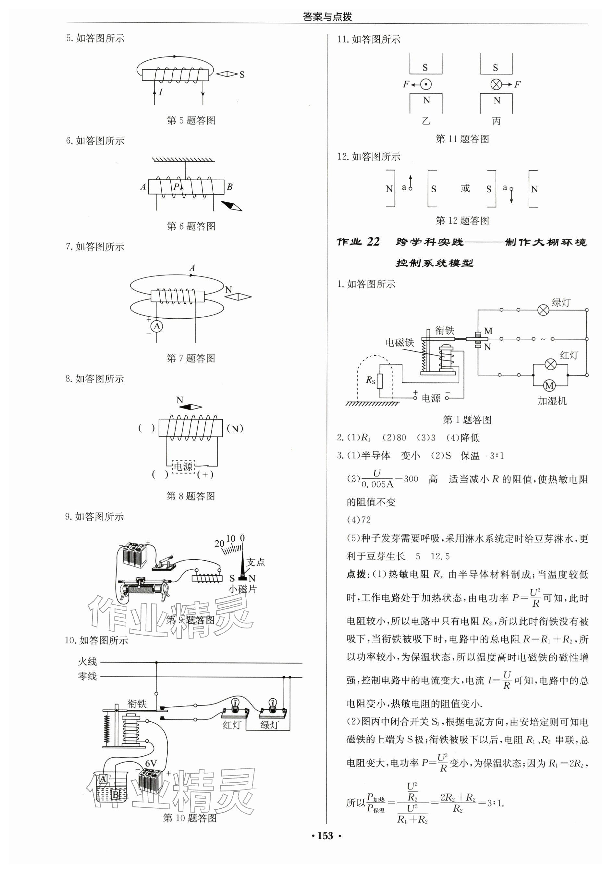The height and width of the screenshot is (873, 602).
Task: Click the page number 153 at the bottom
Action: (x=325, y=836)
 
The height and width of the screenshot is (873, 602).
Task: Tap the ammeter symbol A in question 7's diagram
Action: (x=157, y=326)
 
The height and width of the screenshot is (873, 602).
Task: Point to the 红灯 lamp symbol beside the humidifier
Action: (x=550, y=364)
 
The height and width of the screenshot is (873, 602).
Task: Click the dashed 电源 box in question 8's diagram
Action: (x=183, y=466)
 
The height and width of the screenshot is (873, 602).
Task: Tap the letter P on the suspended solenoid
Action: (x=176, y=186)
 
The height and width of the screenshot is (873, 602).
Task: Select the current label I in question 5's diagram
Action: (x=161, y=92)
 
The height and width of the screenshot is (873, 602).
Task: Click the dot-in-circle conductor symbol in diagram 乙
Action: (x=426, y=84)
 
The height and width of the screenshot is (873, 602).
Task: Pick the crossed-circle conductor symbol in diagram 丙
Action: (x=496, y=84)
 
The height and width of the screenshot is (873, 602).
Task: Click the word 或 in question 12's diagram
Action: (x=465, y=188)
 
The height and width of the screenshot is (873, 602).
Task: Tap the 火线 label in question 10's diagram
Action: (x=87, y=661)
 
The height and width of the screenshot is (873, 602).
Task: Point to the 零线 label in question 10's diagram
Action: (x=87, y=676)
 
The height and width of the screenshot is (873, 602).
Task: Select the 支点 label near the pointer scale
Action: (x=255, y=563)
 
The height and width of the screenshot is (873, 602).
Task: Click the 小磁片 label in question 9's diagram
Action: (x=242, y=589)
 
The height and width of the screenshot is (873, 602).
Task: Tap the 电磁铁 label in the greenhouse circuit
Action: (x=400, y=342)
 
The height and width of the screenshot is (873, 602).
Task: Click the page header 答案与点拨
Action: (x=327, y=17)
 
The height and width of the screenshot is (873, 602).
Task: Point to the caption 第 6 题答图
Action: (x=191, y=226)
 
